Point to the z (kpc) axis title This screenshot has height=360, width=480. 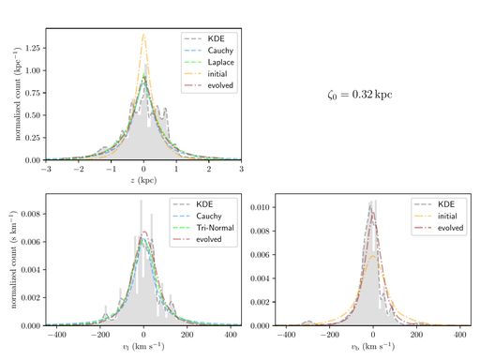coord(143,178)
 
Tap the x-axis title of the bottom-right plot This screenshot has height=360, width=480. coord(373,344)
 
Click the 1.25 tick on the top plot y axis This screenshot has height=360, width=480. coord(33,47)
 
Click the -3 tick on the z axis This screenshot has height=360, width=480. coord(46,169)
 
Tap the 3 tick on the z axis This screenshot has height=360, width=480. coord(241,169)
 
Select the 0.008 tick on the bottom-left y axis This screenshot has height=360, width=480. coord(30,215)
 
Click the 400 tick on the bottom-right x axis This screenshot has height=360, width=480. coord(459,334)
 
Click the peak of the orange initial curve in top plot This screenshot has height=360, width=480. coord(143,35)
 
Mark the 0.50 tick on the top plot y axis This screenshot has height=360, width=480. coord(33,114)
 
